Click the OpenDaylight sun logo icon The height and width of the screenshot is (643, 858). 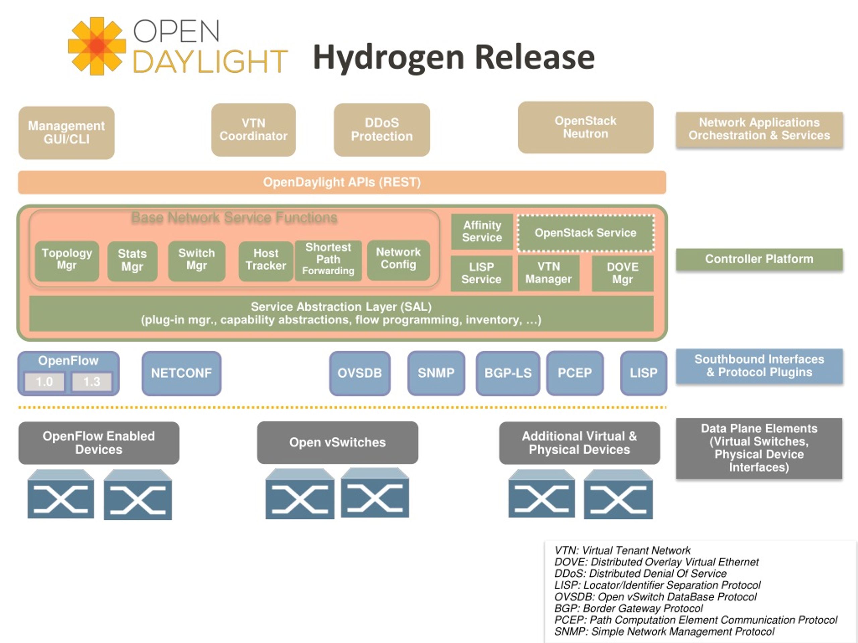(97, 46)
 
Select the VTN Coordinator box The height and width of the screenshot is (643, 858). (254, 130)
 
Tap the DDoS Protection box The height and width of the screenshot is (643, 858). (382, 130)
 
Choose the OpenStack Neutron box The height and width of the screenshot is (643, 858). (585, 128)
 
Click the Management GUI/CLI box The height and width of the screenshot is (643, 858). (66, 133)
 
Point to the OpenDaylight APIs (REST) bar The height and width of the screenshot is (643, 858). (342, 182)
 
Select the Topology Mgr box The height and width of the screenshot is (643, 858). (67, 261)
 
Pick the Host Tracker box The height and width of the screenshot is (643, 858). (266, 261)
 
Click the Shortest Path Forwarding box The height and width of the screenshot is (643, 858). (328, 261)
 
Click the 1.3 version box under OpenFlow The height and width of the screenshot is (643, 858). (92, 382)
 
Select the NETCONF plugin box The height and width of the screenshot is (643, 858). (182, 373)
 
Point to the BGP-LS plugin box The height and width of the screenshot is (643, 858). (508, 373)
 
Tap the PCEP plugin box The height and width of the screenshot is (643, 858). (575, 373)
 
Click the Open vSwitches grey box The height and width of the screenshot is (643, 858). (338, 443)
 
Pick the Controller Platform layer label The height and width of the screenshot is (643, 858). (759, 259)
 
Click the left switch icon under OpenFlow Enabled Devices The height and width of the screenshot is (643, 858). (61, 494)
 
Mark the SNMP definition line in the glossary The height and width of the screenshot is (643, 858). (664, 632)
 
